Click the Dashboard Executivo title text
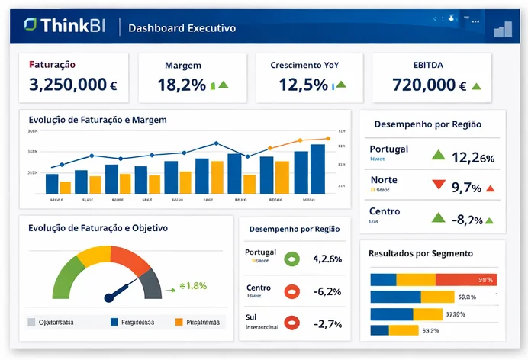[182, 28]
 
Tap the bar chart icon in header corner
[503, 29]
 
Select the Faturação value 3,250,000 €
[72, 85]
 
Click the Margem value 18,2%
[182, 85]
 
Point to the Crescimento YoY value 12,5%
[303, 85]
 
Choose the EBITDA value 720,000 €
[430, 85]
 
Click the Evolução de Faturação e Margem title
[97, 120]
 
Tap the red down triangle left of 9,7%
[438, 185]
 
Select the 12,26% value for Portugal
[473, 158]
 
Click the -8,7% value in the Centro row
[468, 220]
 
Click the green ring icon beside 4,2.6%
[291, 259]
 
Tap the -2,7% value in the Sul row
[327, 323]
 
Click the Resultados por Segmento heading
[420, 252]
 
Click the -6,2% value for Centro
[327, 291]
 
